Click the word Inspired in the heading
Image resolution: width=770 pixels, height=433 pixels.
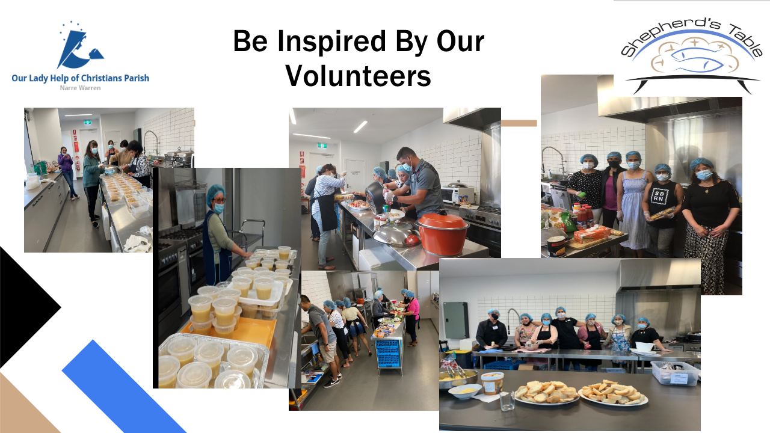(331, 41)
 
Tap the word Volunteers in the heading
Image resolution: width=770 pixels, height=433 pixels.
(358, 76)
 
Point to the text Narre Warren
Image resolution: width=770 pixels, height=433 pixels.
(81, 88)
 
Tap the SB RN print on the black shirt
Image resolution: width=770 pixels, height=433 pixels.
(658, 197)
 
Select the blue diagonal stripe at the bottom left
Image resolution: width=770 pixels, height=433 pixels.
(125, 387)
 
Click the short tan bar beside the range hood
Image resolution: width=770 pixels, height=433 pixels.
(519, 123)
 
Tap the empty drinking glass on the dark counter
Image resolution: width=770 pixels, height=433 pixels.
(507, 401)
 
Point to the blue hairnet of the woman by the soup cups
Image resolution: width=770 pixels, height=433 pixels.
(215, 192)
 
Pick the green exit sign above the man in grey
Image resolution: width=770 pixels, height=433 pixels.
(322, 146)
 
